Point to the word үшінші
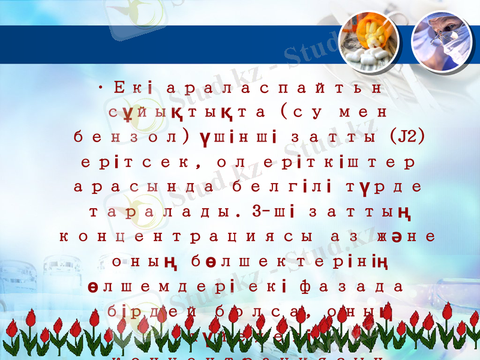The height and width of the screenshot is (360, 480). (237, 137)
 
